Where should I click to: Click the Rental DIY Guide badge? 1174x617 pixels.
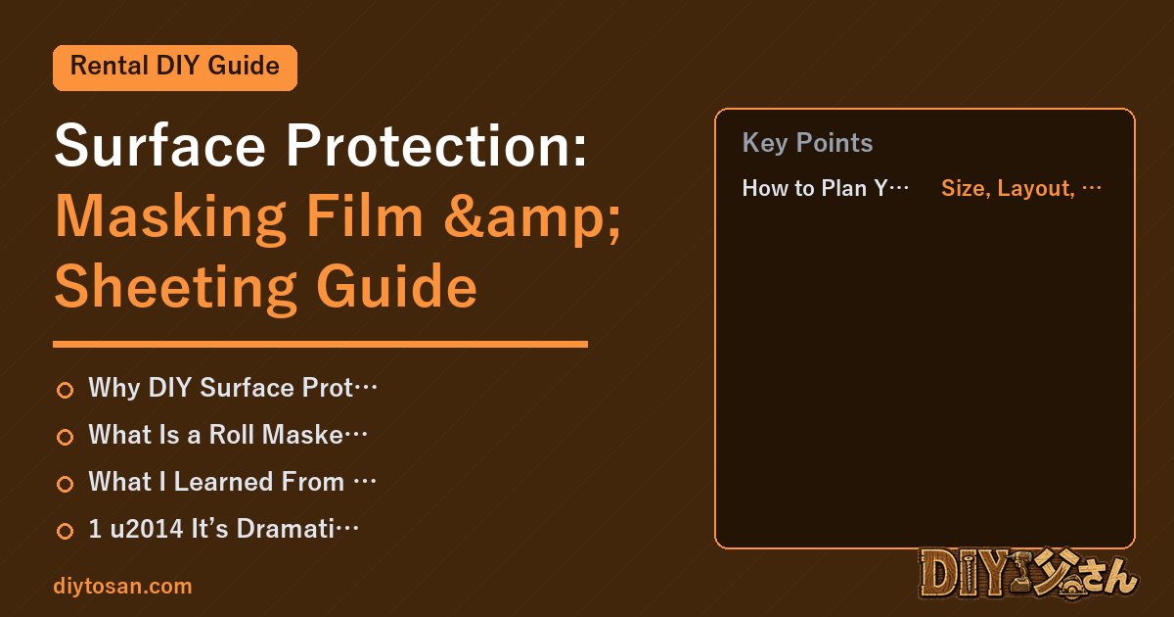tap(175, 68)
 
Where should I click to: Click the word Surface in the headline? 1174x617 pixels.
tap(159, 145)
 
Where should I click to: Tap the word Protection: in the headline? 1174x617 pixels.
tap(436, 145)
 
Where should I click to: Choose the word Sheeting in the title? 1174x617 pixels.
tap(175, 289)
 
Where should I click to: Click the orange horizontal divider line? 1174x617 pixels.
tap(320, 345)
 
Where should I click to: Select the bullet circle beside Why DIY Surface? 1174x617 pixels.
tap(65, 390)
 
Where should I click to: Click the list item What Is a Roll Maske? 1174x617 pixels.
tap(228, 435)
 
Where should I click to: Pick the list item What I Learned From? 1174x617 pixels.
tap(232, 482)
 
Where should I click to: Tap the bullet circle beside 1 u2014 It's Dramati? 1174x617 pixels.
tap(65, 531)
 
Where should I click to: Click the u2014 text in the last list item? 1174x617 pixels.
tap(146, 528)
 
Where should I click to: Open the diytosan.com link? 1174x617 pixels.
tap(122, 586)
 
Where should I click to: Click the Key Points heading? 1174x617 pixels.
tap(807, 143)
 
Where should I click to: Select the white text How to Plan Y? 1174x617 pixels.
tap(825, 188)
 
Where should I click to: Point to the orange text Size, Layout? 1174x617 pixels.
tap(1021, 188)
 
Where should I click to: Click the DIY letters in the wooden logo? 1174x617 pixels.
tap(963, 574)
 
